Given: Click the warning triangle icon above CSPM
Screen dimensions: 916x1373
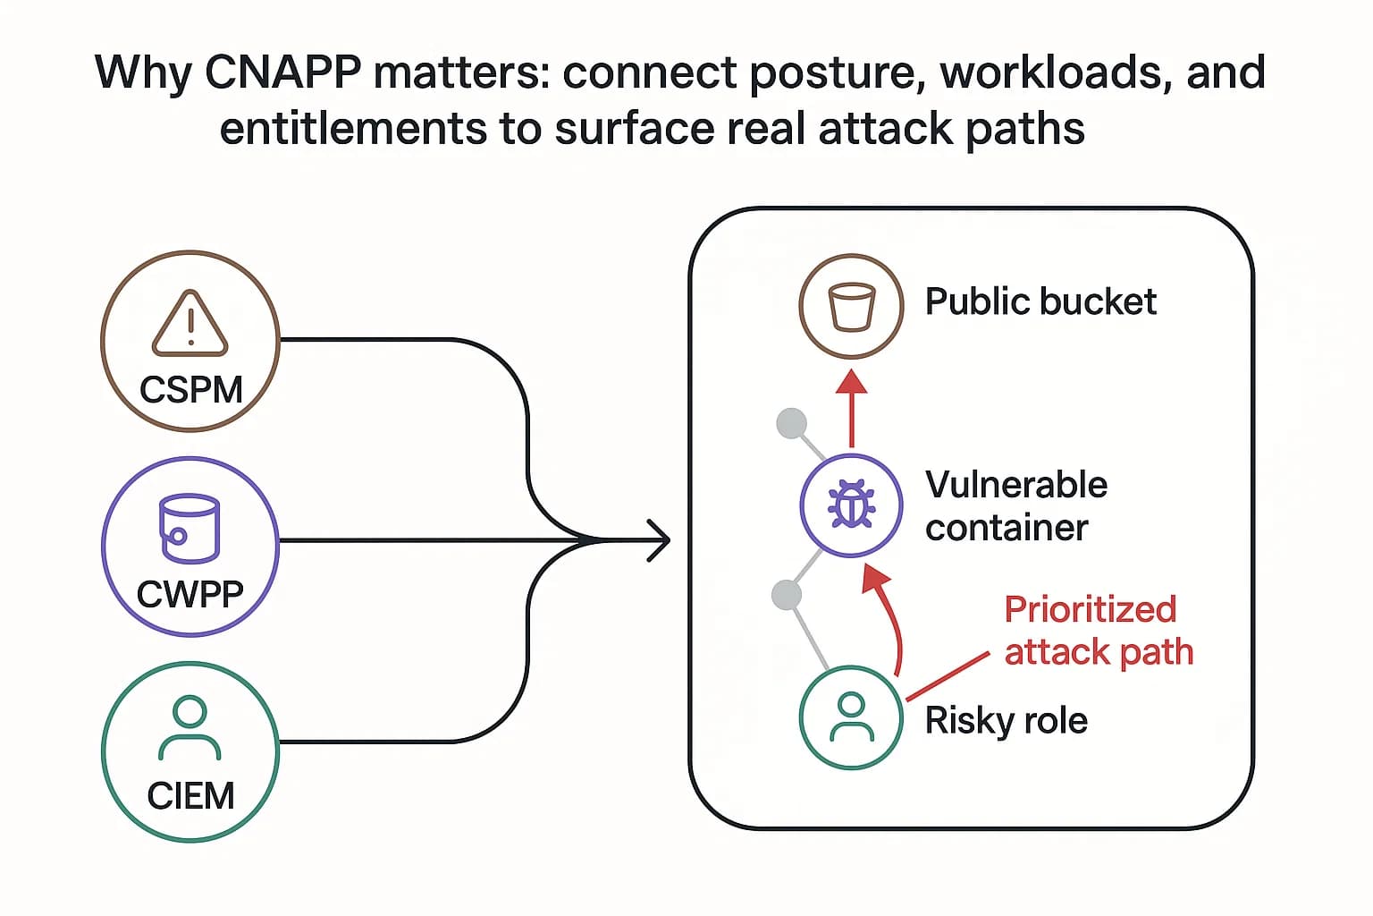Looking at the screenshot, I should (190, 324).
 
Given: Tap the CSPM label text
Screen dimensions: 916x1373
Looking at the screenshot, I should (191, 390).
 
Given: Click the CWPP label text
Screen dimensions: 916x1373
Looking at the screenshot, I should (190, 594).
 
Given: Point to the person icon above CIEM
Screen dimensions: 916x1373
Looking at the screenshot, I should (190, 727).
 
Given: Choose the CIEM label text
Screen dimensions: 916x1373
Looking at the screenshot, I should (190, 795).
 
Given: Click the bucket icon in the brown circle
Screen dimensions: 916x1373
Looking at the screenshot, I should (851, 307).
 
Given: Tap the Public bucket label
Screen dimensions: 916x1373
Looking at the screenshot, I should (1040, 302).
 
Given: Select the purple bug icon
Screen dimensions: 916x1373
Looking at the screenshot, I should (851, 505).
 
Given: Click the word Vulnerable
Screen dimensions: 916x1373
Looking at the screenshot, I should (1016, 485).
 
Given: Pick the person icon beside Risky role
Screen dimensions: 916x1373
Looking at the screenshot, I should (851, 717).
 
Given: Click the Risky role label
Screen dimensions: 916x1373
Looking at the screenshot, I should (1006, 721).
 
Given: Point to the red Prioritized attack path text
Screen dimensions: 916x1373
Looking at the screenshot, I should (1099, 631).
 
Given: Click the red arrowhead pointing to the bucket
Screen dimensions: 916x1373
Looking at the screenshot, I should (851, 383).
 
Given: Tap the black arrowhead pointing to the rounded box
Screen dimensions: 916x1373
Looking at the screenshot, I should (660, 540).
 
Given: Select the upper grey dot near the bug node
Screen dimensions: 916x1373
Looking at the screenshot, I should (792, 423).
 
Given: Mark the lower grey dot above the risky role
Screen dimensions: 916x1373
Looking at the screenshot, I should (786, 594).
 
